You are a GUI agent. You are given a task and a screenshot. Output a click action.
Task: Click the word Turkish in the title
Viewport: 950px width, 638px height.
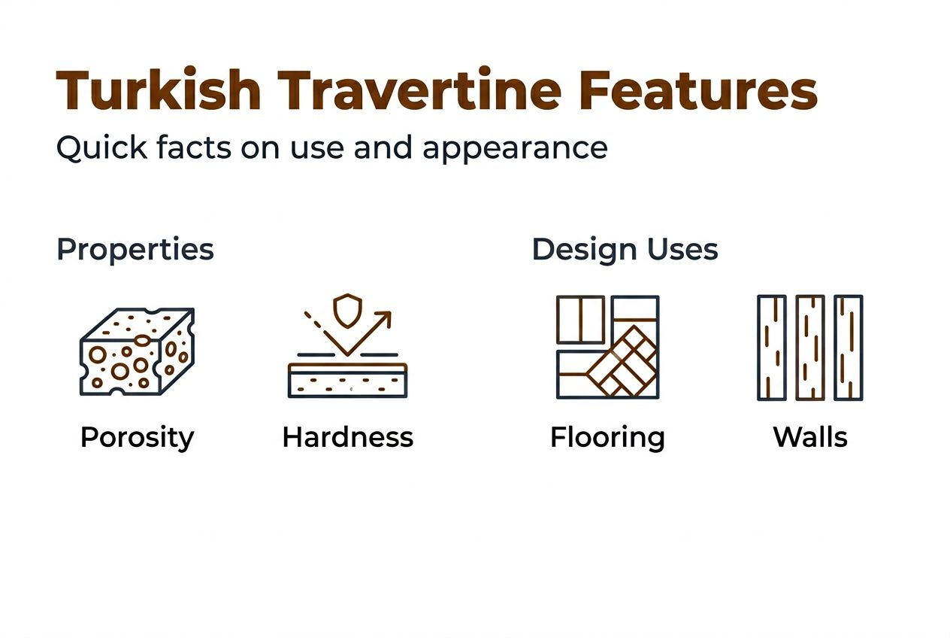point(159,92)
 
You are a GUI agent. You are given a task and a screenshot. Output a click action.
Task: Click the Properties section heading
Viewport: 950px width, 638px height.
point(135,250)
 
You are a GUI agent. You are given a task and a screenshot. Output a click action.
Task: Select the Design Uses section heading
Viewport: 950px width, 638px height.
point(625,250)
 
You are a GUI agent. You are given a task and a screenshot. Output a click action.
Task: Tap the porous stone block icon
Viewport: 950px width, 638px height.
point(137,351)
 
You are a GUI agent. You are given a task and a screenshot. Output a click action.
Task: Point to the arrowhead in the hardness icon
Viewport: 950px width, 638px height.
point(385,317)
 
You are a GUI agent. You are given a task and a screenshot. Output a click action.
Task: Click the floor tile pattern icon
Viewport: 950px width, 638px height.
point(607,347)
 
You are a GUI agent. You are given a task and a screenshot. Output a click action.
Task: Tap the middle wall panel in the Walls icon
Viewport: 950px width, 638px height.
point(809,347)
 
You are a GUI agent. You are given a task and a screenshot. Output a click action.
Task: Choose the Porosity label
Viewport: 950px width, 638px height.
point(137,437)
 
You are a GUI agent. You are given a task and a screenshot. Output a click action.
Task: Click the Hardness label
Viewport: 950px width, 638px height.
point(347,437)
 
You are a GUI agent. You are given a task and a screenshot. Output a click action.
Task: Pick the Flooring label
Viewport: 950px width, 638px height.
point(607,437)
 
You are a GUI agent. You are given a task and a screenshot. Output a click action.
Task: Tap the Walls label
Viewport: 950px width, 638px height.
point(810,437)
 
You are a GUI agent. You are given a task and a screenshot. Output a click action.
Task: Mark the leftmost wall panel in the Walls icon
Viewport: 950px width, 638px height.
point(771,347)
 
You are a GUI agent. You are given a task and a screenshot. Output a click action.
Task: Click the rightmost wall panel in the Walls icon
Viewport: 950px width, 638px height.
point(848,347)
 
